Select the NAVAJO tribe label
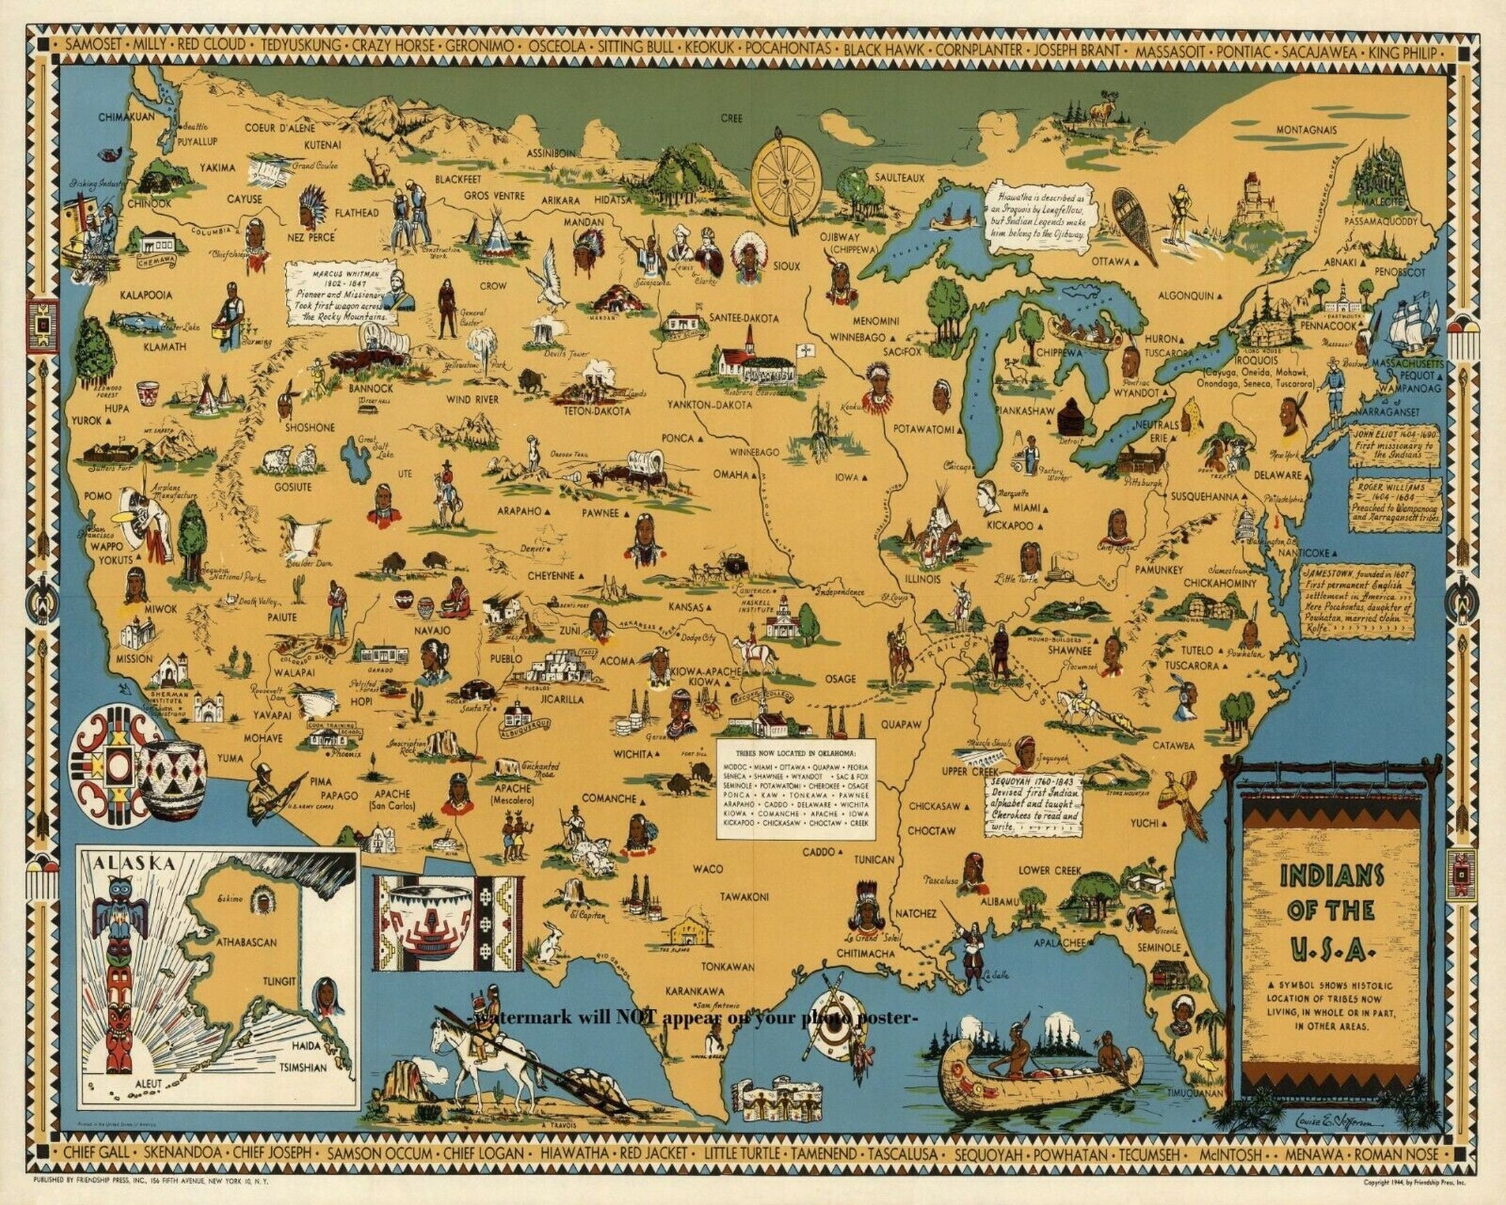pos(432,630)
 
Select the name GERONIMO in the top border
pos(480,46)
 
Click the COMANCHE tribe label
pos(609,798)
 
